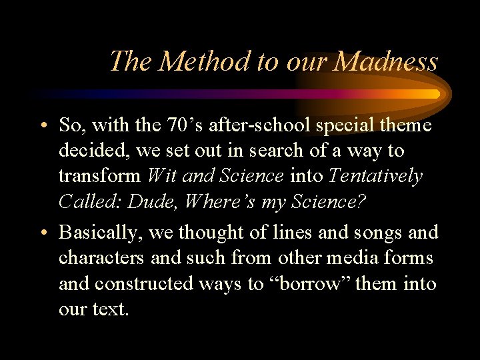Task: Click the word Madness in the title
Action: tap(386, 62)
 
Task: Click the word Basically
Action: tap(100, 233)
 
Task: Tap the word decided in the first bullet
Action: tap(94, 151)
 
